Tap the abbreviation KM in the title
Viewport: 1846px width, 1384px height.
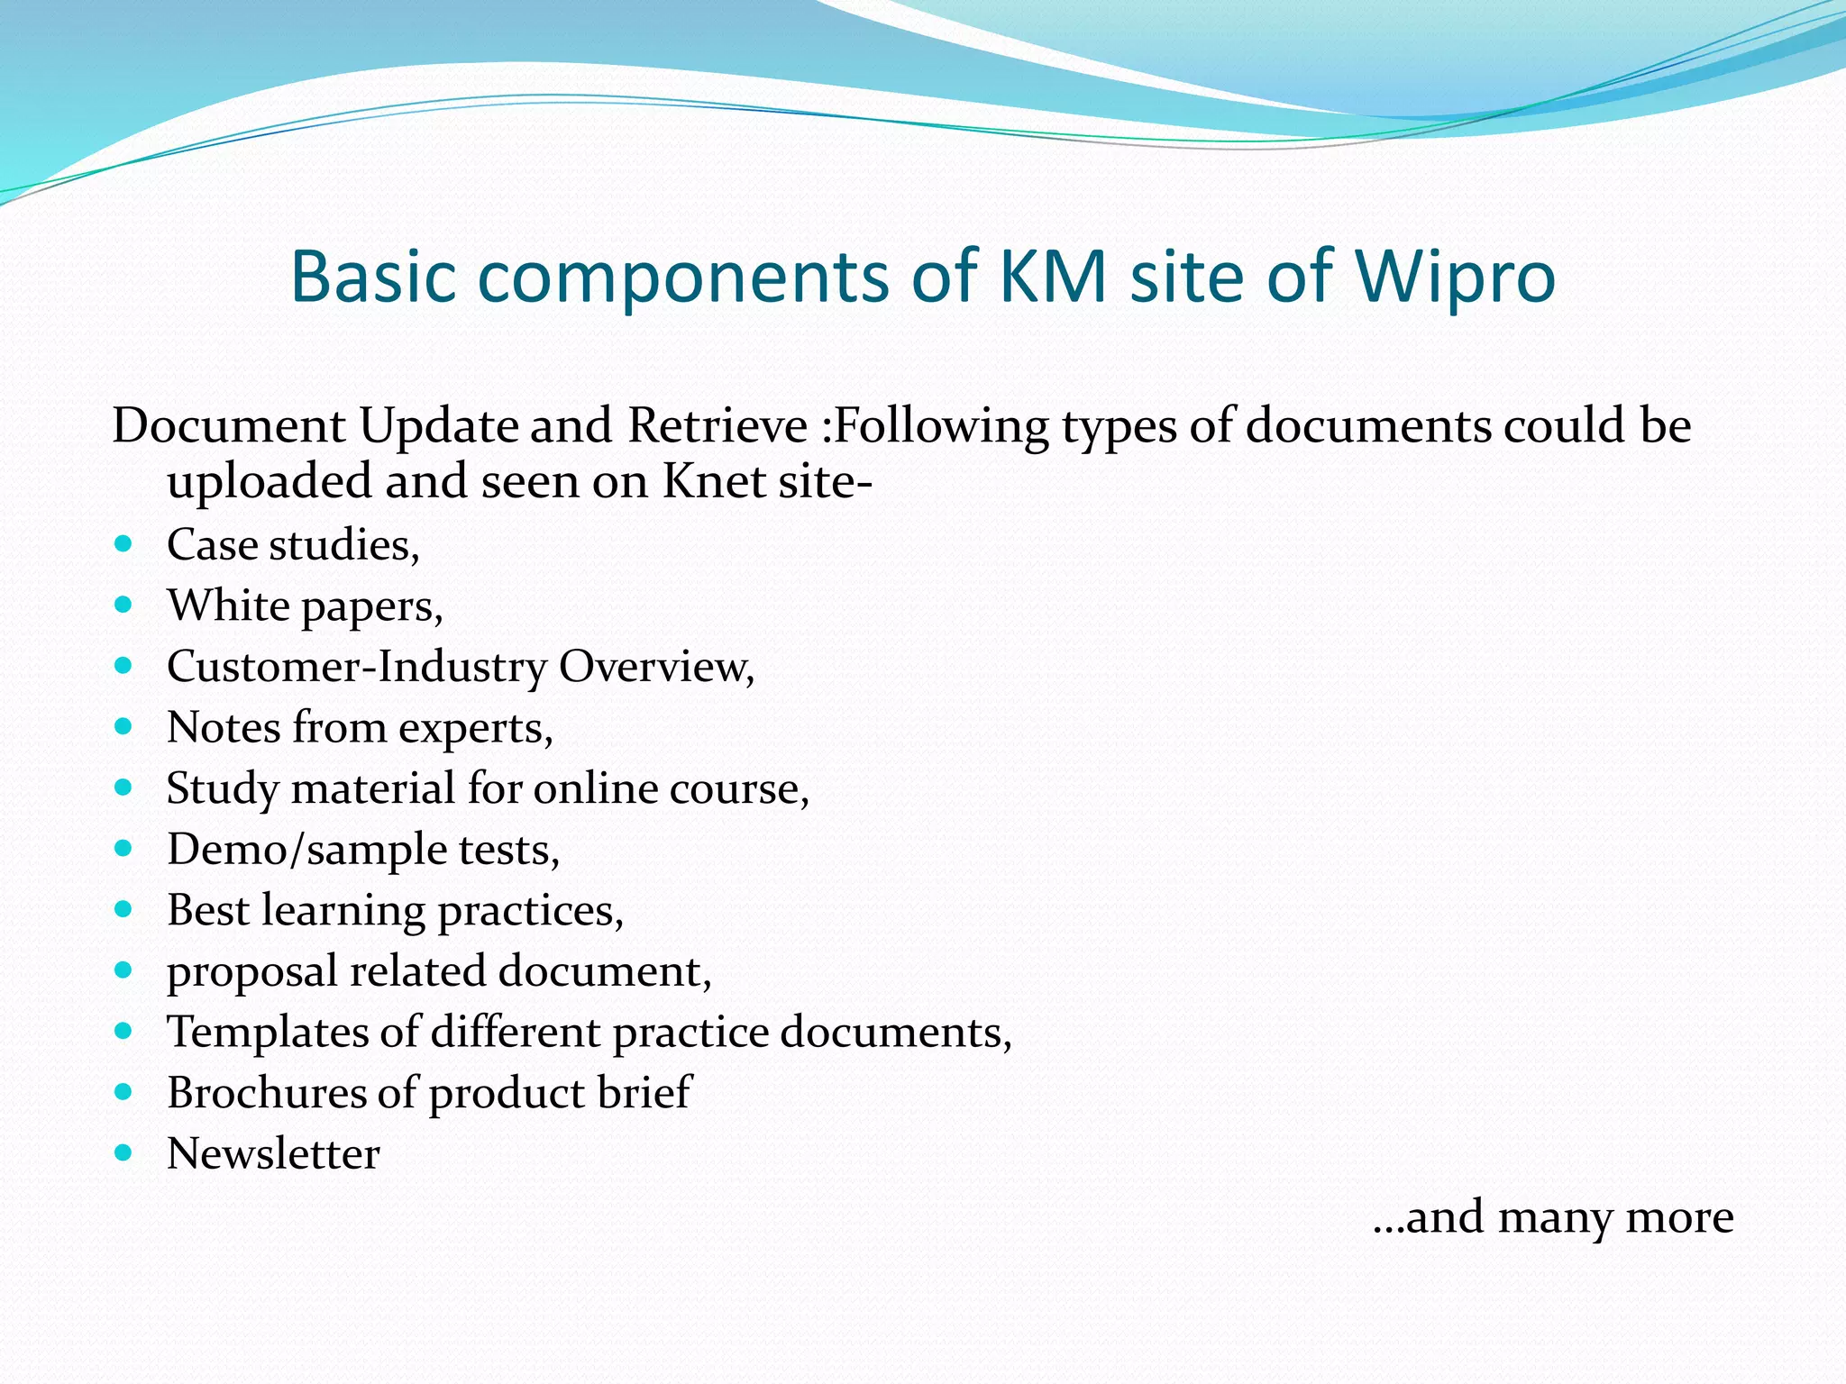pyautogui.click(x=1053, y=276)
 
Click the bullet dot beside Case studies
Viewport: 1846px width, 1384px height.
pyautogui.click(x=124, y=544)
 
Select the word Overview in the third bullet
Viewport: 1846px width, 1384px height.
pyautogui.click(x=656, y=667)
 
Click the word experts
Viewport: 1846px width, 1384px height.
pyautogui.click(x=475, y=729)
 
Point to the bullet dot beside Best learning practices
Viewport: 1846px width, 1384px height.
pyautogui.click(x=124, y=909)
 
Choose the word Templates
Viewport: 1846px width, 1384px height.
pyautogui.click(x=267, y=1032)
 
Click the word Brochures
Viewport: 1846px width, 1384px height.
pyautogui.click(x=265, y=1093)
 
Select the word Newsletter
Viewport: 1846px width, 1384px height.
pyautogui.click(x=273, y=1154)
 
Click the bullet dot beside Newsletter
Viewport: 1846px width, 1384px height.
pyautogui.click(x=124, y=1152)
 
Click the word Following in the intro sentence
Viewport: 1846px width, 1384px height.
pyautogui.click(x=940, y=427)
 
